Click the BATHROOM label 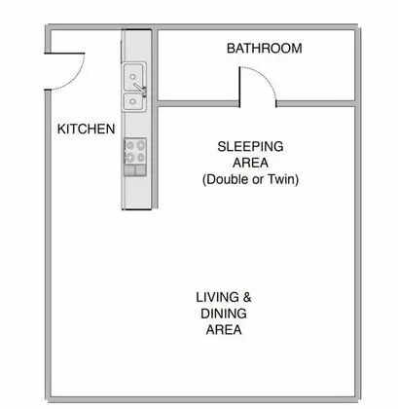click(x=264, y=49)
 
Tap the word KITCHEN click(x=86, y=129)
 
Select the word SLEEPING click(x=250, y=146)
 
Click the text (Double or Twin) click(x=250, y=179)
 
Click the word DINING click(x=224, y=314)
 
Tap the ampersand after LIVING click(x=247, y=297)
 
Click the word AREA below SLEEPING click(x=250, y=163)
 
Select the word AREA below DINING click(x=224, y=330)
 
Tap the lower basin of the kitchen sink click(x=133, y=101)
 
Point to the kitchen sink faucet click(x=140, y=89)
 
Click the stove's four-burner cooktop click(x=135, y=151)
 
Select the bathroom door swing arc click(x=264, y=78)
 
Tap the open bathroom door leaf click(x=239, y=87)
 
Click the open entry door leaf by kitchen click(x=64, y=54)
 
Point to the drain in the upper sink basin click(x=132, y=77)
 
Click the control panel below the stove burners click(x=135, y=170)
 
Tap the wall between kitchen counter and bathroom click(x=155, y=119)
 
